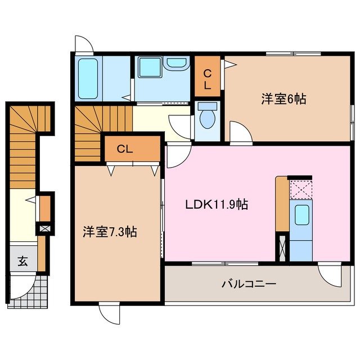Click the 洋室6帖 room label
[x=283, y=100]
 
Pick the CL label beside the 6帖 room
[x=208, y=79]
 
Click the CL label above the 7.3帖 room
[x=125, y=149]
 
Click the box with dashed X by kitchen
[x=300, y=188]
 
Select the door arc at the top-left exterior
[x=83, y=44]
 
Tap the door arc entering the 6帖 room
[x=240, y=133]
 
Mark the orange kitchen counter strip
[x=281, y=204]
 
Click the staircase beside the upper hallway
[x=89, y=127]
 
